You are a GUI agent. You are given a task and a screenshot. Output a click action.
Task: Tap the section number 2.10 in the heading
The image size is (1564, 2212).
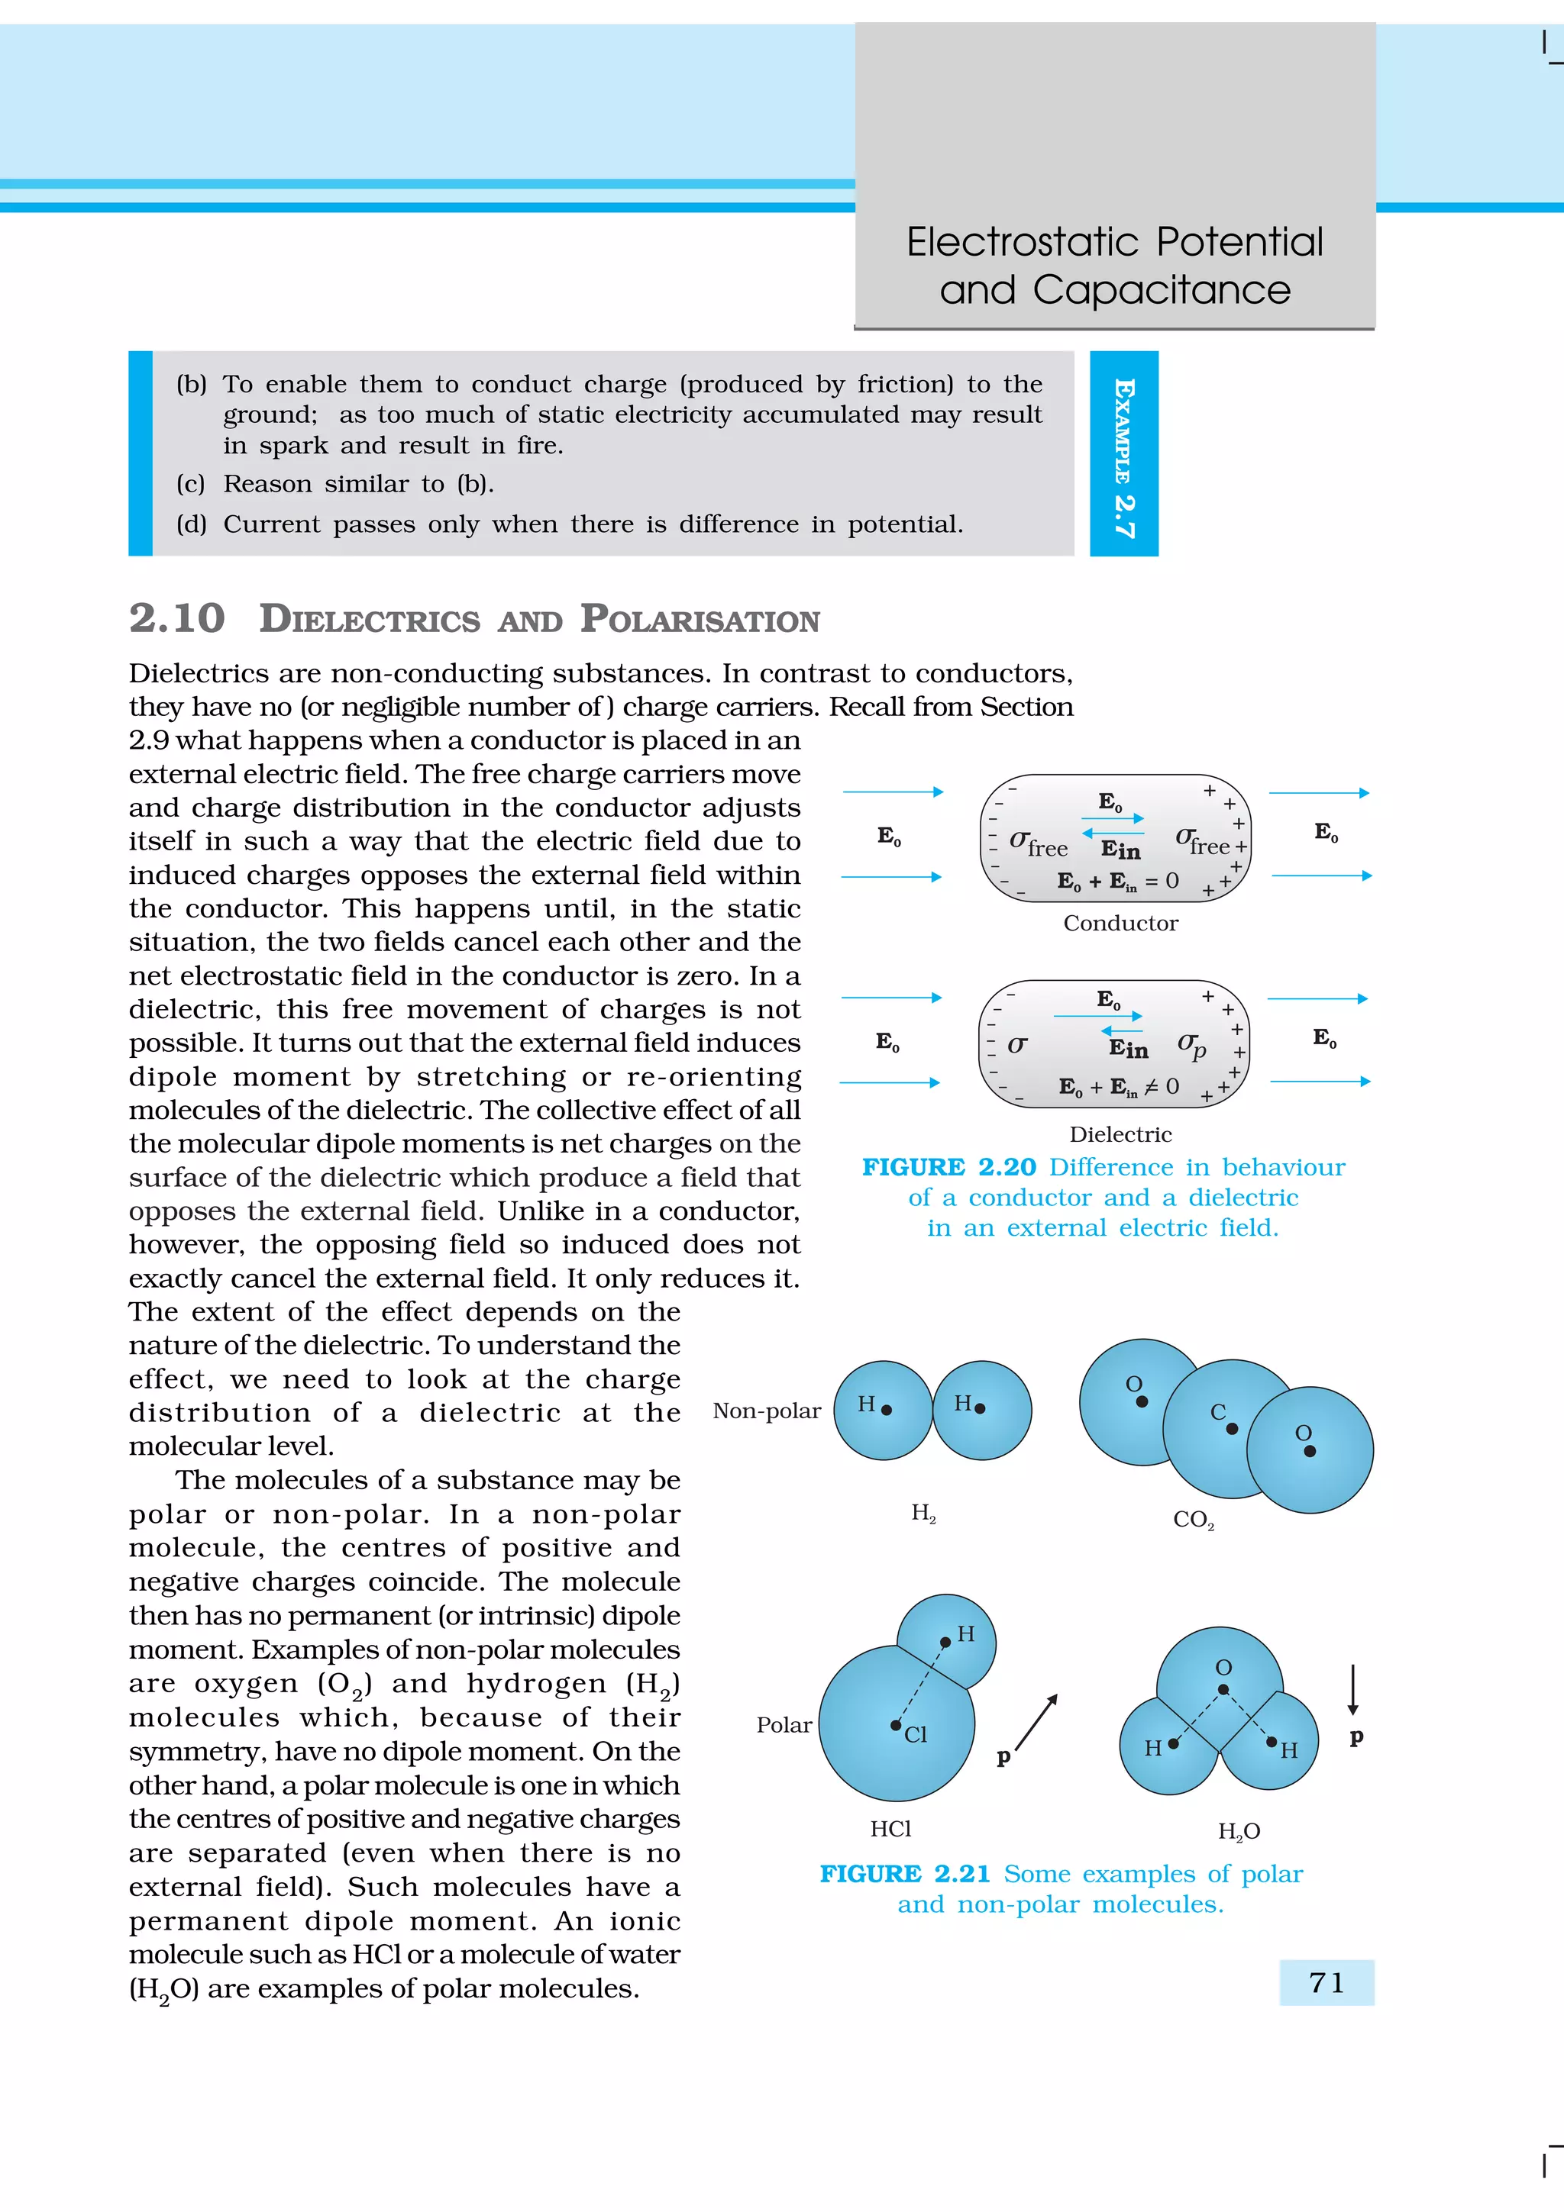click(x=177, y=618)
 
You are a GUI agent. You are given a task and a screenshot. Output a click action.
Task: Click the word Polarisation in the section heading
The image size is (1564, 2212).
click(x=700, y=620)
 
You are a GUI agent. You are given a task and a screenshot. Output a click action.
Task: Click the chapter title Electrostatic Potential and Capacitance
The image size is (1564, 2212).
click(x=1115, y=265)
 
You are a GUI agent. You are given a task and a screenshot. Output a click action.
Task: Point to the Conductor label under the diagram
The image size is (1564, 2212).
click(x=1120, y=923)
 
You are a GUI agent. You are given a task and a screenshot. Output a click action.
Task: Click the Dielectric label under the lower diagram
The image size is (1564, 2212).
click(x=1120, y=1134)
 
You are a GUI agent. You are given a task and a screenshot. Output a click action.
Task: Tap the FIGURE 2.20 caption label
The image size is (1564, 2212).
click(x=948, y=1167)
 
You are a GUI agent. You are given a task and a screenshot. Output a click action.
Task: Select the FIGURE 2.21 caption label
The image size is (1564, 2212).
click(x=905, y=1873)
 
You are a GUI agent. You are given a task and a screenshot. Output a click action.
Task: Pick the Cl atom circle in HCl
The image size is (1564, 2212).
click(x=897, y=1724)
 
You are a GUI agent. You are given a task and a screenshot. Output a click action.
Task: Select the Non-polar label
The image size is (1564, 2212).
click(x=766, y=1411)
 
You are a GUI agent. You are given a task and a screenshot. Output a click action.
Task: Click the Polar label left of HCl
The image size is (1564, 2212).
click(x=784, y=1724)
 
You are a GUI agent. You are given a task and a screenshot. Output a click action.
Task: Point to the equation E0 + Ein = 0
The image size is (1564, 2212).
click(x=1116, y=881)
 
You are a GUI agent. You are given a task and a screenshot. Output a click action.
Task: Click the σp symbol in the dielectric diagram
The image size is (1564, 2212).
click(x=1192, y=1045)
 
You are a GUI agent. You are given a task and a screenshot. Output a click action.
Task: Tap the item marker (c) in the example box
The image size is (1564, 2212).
click(x=191, y=484)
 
